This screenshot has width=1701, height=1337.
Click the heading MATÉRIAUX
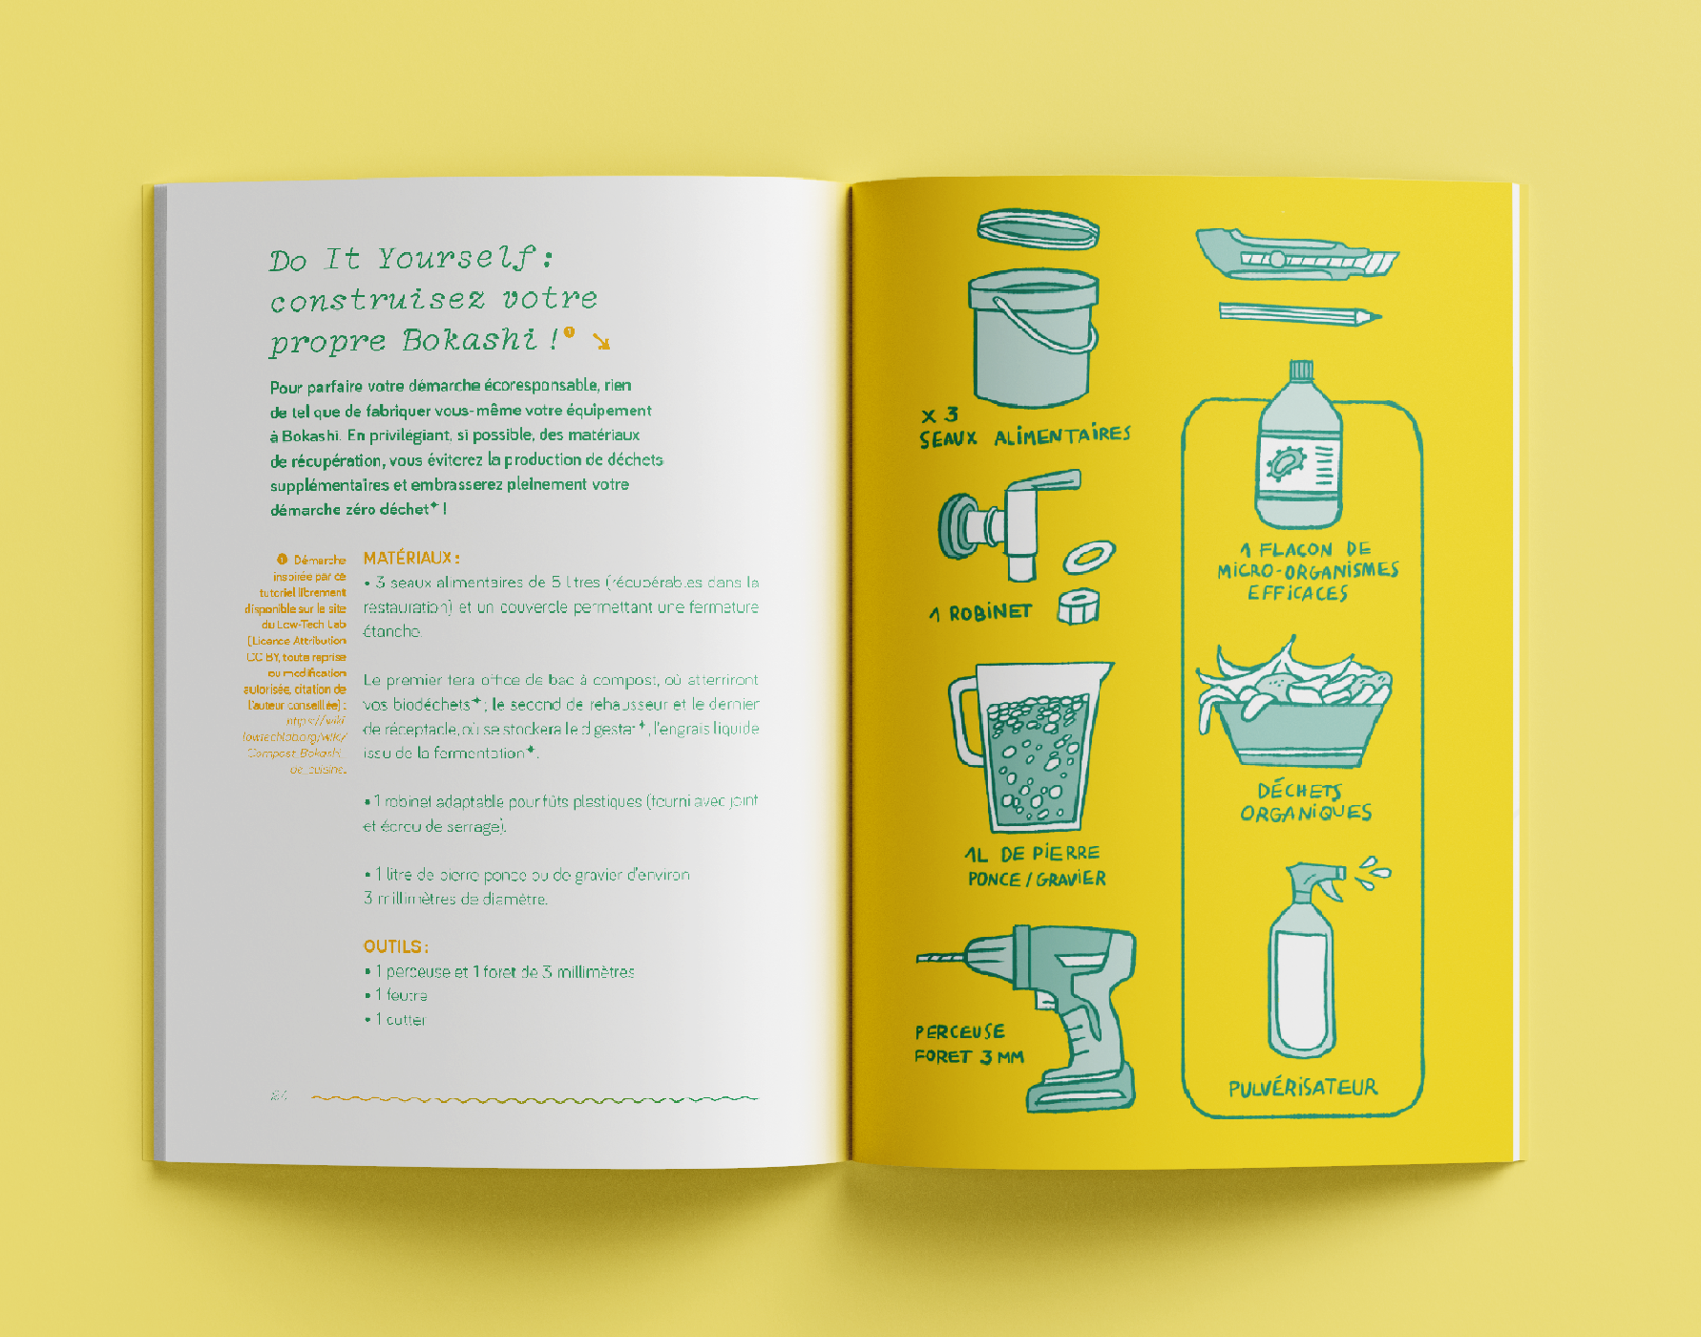coord(411,558)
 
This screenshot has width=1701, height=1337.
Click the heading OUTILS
coord(395,946)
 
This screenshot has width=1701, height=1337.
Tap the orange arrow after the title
coord(601,341)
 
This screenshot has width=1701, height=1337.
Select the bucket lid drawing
coord(1039,229)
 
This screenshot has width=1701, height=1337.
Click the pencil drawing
coord(1298,313)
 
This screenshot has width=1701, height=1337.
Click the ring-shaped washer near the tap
coord(1089,557)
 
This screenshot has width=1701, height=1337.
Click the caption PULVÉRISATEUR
coord(1303,1088)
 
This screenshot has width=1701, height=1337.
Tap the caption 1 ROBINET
coord(981,612)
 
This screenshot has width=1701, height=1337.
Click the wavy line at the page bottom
coord(535,1099)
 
